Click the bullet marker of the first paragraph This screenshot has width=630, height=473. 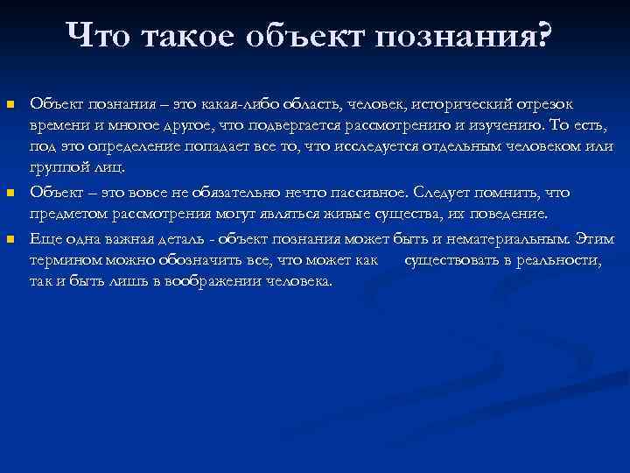click(x=10, y=105)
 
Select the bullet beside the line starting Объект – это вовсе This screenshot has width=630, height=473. click(x=10, y=192)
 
